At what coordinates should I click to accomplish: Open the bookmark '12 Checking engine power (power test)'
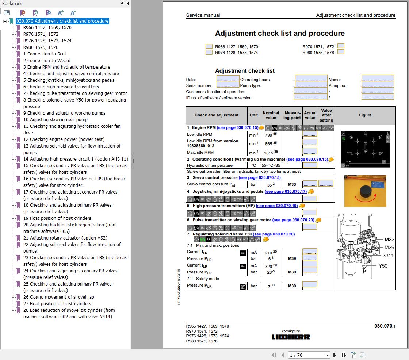coord(64,139)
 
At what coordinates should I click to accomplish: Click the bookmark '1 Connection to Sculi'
coord(45,54)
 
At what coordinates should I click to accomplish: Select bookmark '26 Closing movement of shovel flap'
coord(58,297)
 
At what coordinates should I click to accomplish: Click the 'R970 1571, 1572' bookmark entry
coord(41,34)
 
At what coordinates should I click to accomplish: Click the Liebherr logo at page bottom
coord(291,337)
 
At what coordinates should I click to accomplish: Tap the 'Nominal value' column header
coord(271,115)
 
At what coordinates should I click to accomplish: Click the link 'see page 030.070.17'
coord(286,191)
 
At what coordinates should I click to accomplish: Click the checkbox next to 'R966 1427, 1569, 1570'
coord(209,46)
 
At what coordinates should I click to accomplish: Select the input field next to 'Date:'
coord(228,79)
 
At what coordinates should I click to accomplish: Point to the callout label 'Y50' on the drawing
coord(382,266)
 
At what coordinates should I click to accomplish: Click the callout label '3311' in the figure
coord(388,256)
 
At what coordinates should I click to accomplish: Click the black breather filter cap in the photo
coord(365,191)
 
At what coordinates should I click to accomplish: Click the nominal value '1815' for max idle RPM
coord(271,152)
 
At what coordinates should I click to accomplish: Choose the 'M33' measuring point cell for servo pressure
coord(292,184)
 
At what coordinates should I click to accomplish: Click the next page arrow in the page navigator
coord(335,355)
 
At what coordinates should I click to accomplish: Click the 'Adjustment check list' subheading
coord(245,71)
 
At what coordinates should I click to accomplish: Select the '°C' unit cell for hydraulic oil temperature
coord(253,165)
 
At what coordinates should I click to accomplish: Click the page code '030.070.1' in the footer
coord(385,326)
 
